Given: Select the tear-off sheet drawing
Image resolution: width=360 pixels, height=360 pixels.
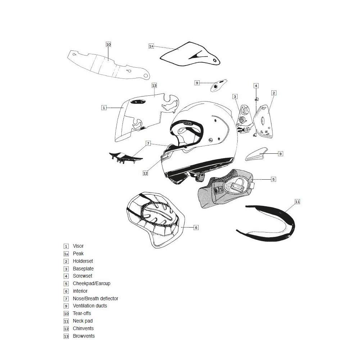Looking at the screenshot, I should coord(108,65).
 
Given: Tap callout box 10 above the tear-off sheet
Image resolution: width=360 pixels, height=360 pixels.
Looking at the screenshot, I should coord(108,44).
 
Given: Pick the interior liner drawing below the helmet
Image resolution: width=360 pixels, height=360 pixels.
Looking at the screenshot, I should coord(155,220).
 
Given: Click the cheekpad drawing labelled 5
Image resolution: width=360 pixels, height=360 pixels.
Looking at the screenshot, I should coord(227,189).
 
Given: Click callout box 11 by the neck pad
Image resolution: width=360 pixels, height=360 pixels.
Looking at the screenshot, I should coord(297,202).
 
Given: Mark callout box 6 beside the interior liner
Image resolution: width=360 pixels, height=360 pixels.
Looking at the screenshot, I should coord(196,228).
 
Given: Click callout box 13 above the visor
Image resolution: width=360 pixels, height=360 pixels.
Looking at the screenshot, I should coord(154,86).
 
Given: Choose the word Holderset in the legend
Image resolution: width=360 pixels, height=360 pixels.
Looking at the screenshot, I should coord(83,261).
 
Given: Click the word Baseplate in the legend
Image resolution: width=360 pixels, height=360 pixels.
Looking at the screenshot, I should coord(83,269).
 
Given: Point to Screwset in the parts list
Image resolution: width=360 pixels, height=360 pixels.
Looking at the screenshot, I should coord(82,276).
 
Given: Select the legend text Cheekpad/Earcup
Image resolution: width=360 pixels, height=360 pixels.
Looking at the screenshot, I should coord(91,284).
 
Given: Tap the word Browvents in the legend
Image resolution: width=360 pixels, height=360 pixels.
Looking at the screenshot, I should coord(84,336).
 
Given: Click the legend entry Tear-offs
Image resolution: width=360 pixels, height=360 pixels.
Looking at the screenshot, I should coord(82,313).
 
